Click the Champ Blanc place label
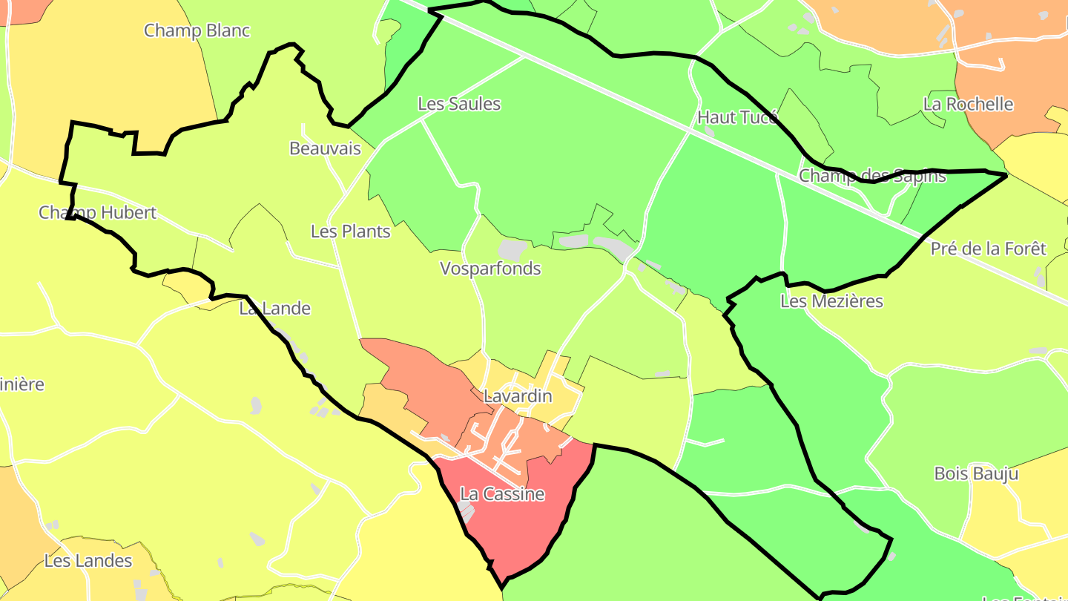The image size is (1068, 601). click(197, 31)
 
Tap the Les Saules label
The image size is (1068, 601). click(459, 104)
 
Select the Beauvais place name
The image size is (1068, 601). click(325, 148)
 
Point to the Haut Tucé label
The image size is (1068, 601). click(737, 117)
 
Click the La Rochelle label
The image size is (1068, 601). click(968, 104)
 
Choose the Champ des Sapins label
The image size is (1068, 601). click(872, 176)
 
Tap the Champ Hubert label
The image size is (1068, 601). click(97, 213)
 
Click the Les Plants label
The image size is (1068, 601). click(350, 231)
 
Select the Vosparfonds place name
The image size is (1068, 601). click(490, 269)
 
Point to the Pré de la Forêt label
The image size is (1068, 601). click(988, 249)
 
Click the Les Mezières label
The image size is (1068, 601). click(831, 301)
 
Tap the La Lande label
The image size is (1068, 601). click(274, 309)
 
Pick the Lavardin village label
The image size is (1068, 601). click(518, 396)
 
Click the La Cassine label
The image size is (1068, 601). click(502, 494)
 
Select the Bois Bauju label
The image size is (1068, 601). click(976, 473)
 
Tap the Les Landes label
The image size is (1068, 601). click(88, 561)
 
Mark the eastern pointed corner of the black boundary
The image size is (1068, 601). click(1005, 175)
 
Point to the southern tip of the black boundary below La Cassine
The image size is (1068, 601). click(503, 587)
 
